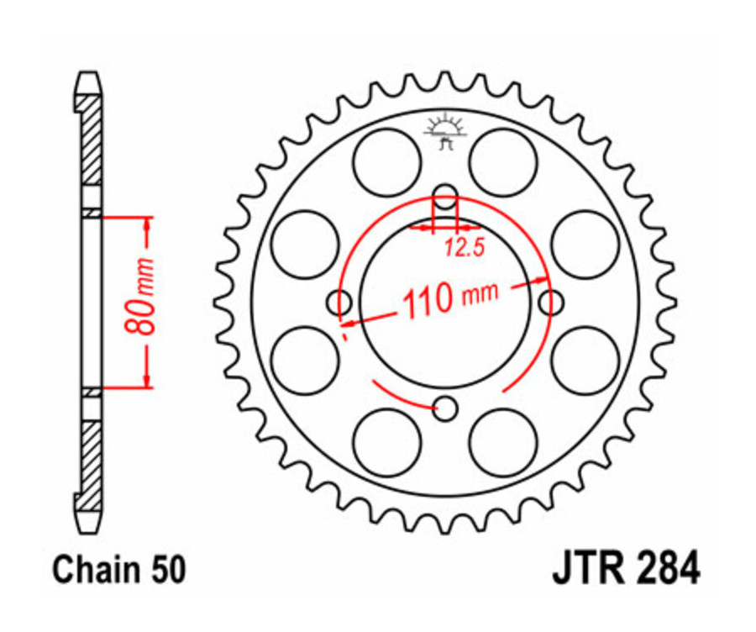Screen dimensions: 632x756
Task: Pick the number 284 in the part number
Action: pyautogui.click(x=666, y=568)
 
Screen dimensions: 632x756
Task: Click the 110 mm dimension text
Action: pyautogui.click(x=450, y=298)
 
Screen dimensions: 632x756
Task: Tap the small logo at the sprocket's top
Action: pyautogui.click(x=446, y=131)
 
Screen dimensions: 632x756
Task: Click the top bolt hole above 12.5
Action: pyautogui.click(x=445, y=198)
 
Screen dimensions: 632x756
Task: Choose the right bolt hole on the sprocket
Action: pyautogui.click(x=551, y=302)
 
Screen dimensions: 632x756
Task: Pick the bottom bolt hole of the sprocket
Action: pyautogui.click(x=446, y=408)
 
